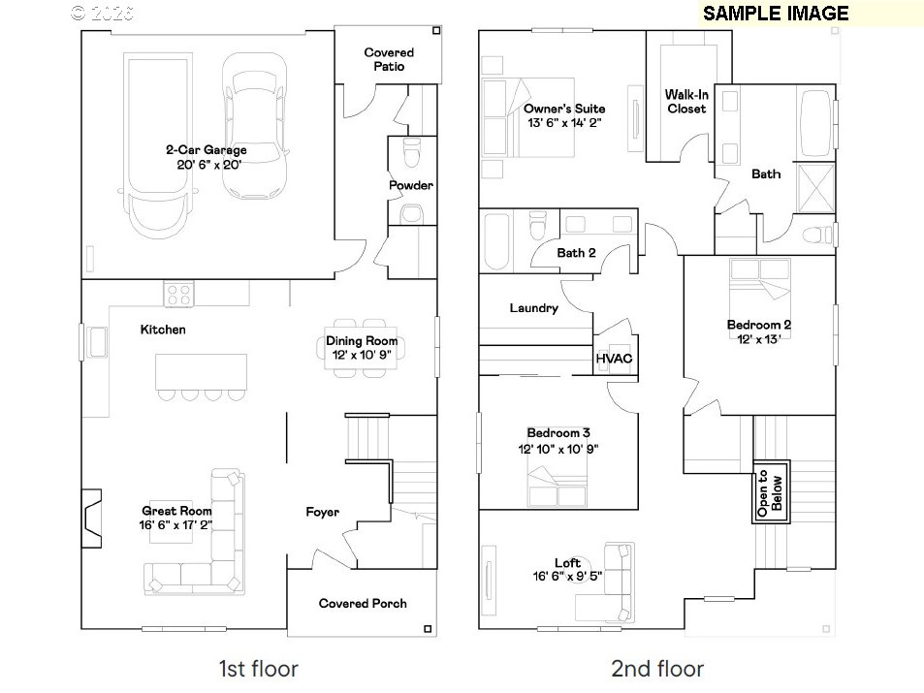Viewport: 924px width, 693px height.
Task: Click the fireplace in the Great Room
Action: (91, 519)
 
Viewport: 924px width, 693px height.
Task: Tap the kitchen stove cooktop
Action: (178, 294)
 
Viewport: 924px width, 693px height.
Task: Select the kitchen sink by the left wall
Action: (96, 342)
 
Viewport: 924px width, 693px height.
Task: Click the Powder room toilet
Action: (411, 152)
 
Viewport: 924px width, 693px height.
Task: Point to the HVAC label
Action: (614, 359)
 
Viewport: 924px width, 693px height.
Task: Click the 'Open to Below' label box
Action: (771, 491)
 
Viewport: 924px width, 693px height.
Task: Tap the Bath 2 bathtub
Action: (496, 241)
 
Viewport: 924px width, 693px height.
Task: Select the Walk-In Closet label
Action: (686, 102)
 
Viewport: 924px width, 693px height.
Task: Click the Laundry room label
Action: (534, 308)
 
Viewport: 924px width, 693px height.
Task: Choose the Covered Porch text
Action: (363, 604)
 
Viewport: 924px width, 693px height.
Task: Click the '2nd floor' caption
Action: (657, 669)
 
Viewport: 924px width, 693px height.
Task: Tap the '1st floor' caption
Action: (258, 669)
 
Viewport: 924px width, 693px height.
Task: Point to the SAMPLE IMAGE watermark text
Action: (776, 13)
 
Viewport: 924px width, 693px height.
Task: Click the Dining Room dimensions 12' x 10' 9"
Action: (362, 356)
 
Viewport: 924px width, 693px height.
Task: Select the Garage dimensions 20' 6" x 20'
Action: (209, 165)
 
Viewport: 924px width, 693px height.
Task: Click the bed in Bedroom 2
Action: (759, 297)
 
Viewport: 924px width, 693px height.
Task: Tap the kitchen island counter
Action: (201, 372)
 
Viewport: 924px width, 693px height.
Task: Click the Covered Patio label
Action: (389, 59)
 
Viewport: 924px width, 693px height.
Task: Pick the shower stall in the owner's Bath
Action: (816, 188)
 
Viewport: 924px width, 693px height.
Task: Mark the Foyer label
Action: (322, 512)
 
